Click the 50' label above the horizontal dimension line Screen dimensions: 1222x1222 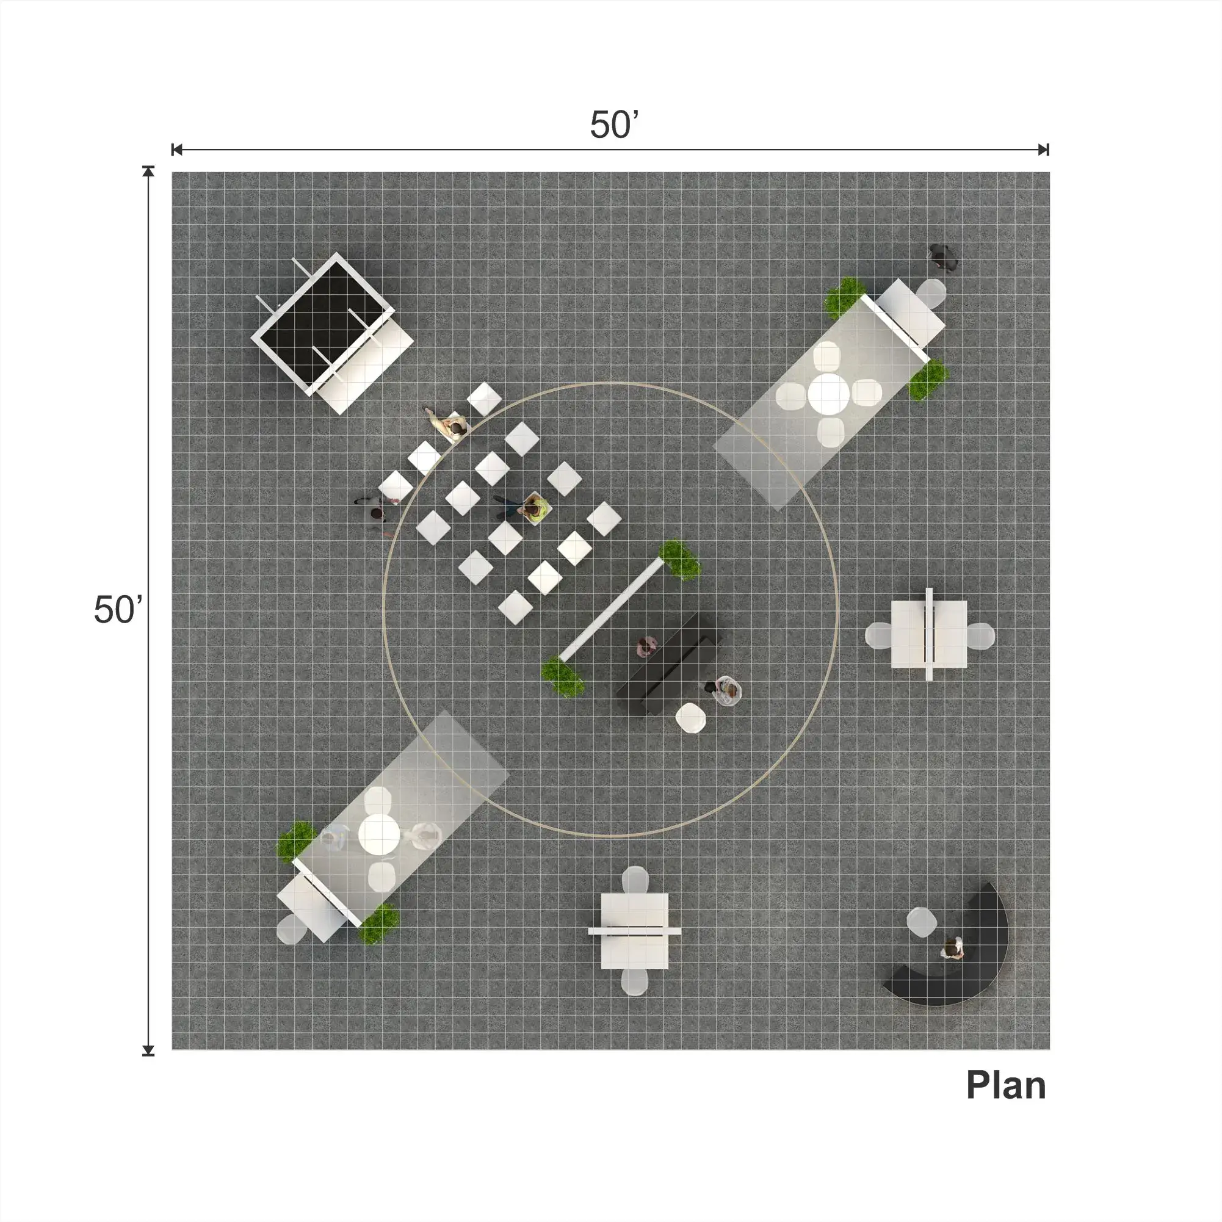click(x=614, y=125)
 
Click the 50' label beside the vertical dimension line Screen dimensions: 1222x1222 click(x=118, y=610)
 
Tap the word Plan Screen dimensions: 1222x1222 click(x=1006, y=1085)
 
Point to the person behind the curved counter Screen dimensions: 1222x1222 click(x=952, y=948)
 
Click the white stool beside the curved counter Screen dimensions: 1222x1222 click(x=922, y=922)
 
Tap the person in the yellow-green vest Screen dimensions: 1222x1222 click(x=533, y=508)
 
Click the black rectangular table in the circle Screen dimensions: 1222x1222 click(x=670, y=664)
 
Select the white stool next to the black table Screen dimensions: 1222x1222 click(x=690, y=718)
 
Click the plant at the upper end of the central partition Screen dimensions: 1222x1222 click(x=680, y=560)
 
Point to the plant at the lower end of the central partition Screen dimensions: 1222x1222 click(x=562, y=676)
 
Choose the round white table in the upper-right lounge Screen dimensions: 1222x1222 click(x=828, y=394)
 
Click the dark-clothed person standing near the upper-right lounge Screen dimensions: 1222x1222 click(x=942, y=258)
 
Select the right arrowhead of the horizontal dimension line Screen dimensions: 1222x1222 click(x=1044, y=150)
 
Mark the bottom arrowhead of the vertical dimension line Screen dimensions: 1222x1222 click(x=148, y=1050)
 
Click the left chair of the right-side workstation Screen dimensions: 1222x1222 click(x=879, y=635)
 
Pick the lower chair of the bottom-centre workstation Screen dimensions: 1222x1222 click(x=634, y=981)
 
